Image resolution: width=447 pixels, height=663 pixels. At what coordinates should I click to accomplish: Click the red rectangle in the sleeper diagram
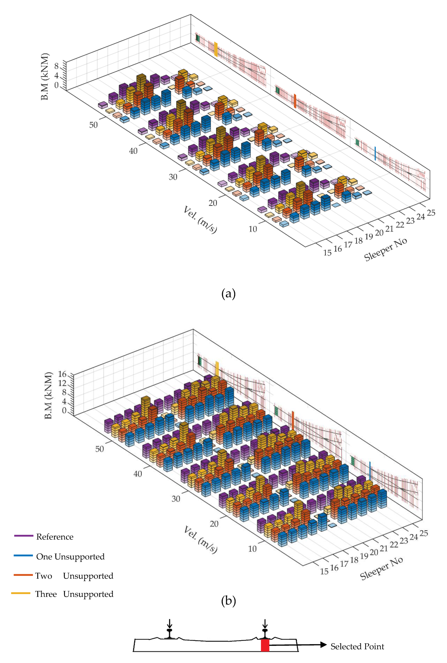point(265,645)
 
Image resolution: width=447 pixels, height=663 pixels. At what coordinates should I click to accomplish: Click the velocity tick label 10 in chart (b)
point(252,549)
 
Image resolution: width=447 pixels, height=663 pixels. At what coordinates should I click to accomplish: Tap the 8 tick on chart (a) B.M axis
point(56,66)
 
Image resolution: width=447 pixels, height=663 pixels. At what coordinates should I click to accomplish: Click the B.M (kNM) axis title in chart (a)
point(45,76)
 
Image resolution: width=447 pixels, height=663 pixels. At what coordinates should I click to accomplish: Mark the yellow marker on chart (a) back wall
point(216,49)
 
